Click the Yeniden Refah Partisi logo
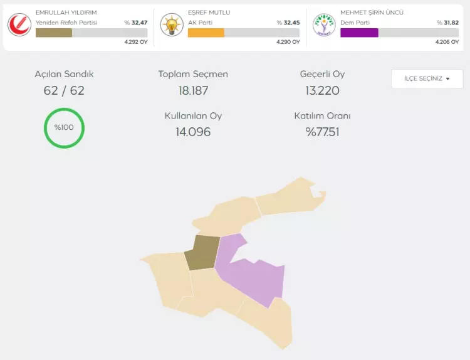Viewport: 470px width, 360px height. (x=19, y=25)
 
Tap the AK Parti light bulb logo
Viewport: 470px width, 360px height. (x=172, y=25)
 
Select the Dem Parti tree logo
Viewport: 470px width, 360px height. (x=324, y=25)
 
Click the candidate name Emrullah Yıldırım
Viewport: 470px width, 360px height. (x=66, y=13)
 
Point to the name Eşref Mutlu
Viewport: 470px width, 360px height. (x=209, y=13)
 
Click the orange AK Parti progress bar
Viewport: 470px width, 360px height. (x=206, y=33)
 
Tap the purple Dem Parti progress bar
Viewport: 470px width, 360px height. (x=359, y=33)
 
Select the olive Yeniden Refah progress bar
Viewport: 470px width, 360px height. (x=54, y=33)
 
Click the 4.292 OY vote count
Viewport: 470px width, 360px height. (x=135, y=42)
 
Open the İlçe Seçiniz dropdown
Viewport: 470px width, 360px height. (x=427, y=78)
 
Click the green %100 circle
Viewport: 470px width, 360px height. (x=64, y=128)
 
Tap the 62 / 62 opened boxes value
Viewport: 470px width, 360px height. (x=64, y=90)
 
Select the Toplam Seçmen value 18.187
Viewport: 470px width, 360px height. (x=193, y=90)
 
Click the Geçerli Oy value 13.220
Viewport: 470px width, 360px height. (x=322, y=90)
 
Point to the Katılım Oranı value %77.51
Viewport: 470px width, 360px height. (x=322, y=132)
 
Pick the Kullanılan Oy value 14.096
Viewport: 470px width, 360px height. (x=193, y=132)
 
